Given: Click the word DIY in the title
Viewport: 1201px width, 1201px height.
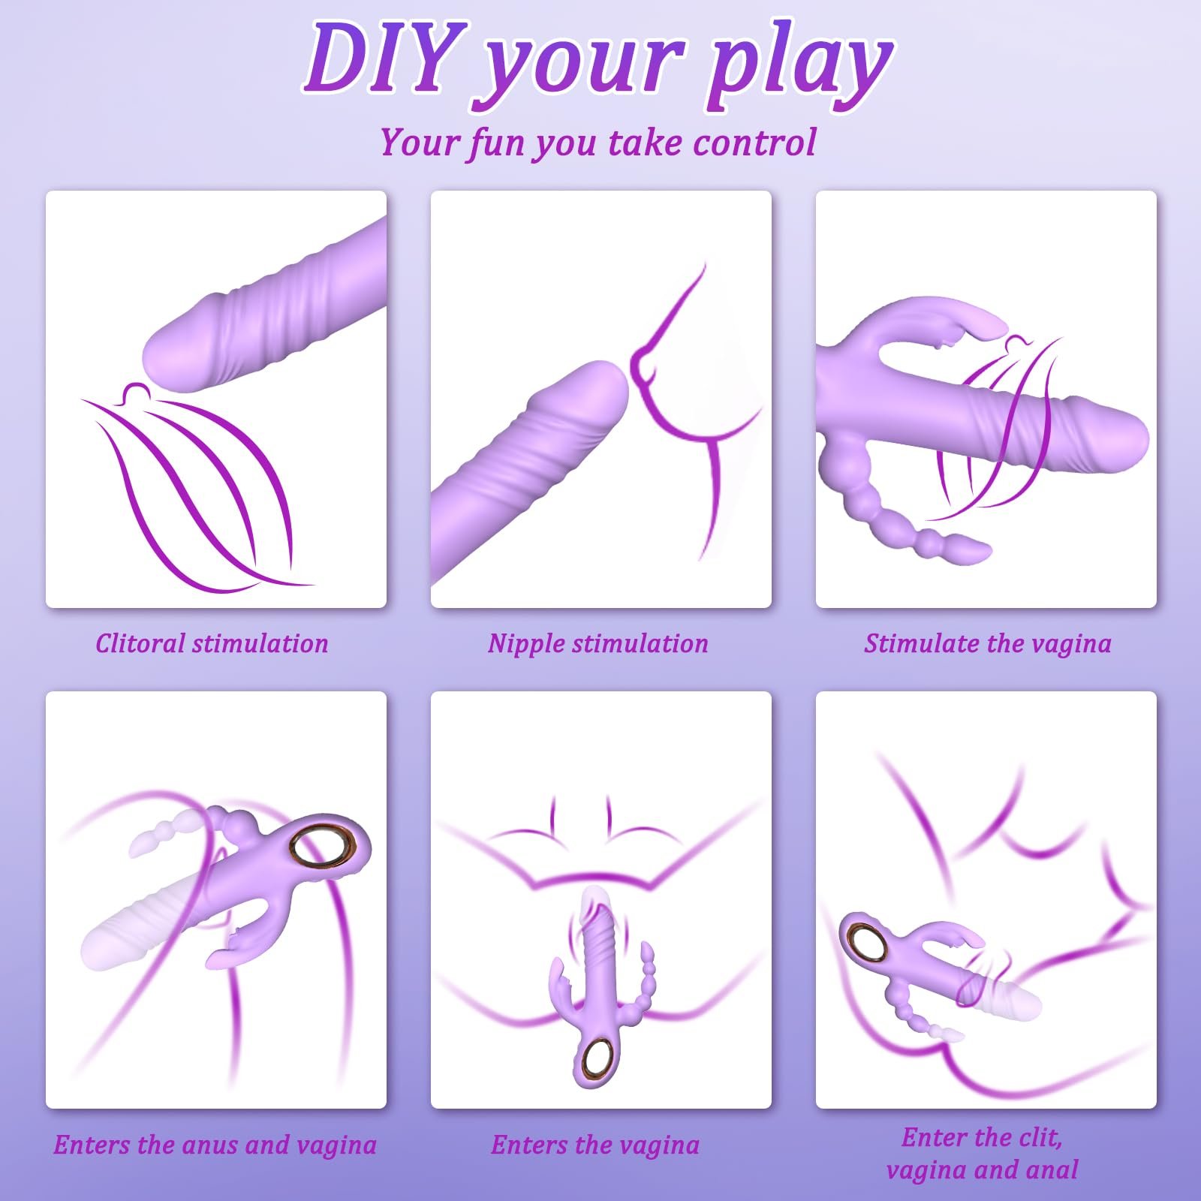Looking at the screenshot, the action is (380, 58).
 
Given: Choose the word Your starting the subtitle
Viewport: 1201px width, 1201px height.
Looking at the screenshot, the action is (418, 143).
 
